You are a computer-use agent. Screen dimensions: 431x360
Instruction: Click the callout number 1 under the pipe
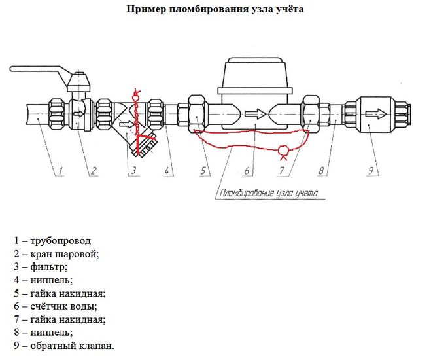pos(61,171)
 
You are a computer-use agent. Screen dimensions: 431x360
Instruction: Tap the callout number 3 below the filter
pos(133,171)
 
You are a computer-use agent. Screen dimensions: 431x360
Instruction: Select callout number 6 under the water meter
pos(247,171)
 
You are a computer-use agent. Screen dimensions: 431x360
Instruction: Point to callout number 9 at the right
pos(371,171)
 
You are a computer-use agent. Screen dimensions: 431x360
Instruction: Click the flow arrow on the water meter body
pos(255,114)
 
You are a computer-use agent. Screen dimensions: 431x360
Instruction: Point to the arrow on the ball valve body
pos(79,113)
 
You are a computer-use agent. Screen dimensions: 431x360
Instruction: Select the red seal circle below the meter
pos(283,150)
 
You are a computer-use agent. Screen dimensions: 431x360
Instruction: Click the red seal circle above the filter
pos(135,97)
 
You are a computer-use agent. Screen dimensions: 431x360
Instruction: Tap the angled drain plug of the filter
pos(145,145)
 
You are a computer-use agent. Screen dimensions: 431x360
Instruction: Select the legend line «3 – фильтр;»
pos(41,267)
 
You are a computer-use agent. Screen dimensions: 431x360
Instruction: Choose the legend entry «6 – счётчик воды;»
pos(56,306)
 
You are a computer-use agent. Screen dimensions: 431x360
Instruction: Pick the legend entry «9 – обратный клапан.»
pos(64,346)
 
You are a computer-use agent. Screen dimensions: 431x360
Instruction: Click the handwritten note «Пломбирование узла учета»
pos(269,193)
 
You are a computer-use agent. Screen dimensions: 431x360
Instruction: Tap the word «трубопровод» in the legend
pos(60,241)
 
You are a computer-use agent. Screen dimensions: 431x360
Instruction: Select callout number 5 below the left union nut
pos(203,171)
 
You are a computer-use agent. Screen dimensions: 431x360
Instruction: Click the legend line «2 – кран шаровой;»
pos(56,254)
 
